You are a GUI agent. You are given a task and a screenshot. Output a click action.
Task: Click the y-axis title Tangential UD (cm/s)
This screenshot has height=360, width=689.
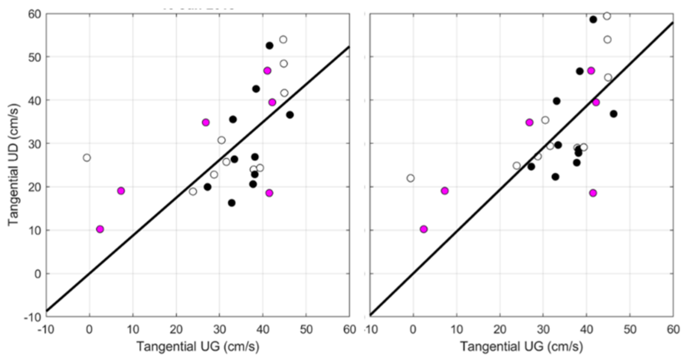[14, 165]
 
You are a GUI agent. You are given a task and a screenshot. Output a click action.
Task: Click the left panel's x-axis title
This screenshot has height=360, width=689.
[198, 346]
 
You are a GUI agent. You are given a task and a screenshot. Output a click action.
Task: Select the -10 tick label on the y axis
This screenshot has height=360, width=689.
[32, 317]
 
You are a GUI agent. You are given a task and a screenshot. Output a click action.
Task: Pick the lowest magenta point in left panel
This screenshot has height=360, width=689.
[100, 229]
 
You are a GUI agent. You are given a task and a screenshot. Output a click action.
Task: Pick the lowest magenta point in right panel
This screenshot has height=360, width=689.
[424, 229]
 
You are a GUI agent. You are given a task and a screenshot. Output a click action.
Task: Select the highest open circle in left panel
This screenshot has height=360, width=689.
[283, 40]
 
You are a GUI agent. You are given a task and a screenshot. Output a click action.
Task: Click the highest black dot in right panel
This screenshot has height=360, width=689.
[593, 19]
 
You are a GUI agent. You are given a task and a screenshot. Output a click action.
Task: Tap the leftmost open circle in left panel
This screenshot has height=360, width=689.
[87, 158]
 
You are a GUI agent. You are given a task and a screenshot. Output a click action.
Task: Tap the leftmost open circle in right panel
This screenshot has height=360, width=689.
[410, 178]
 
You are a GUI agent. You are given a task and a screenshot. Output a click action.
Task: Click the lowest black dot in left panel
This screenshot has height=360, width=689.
[232, 203]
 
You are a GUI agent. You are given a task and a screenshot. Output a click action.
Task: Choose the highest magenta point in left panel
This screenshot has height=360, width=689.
[267, 71]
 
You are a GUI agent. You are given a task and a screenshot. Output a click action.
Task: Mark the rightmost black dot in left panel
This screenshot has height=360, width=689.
[290, 115]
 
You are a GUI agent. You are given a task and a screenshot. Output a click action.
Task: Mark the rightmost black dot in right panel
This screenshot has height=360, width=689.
[614, 114]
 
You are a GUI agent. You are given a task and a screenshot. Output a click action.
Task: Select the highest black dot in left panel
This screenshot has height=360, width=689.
[269, 46]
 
